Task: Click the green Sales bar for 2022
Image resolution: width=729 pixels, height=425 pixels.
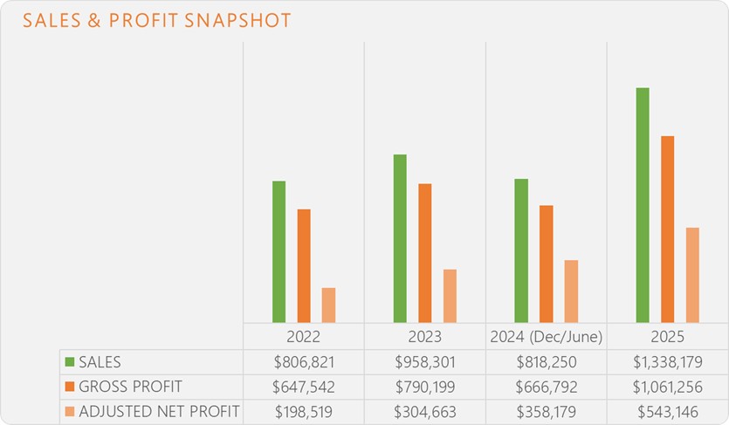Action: click(279, 251)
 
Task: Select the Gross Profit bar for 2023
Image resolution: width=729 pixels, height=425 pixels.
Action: click(425, 253)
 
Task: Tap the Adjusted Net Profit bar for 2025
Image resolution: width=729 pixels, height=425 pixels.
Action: click(692, 275)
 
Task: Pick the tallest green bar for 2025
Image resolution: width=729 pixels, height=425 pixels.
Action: click(643, 205)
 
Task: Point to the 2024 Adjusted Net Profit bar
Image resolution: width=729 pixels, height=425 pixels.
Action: click(571, 291)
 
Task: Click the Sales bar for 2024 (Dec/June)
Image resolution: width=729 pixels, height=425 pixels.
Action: click(521, 250)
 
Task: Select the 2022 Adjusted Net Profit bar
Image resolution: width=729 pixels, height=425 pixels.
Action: click(328, 305)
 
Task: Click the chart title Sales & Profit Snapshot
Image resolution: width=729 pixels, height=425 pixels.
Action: click(157, 21)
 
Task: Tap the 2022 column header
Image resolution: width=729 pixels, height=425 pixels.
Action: click(303, 337)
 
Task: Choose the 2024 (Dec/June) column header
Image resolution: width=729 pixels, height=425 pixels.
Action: click(546, 337)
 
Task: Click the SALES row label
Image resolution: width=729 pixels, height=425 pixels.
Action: click(100, 362)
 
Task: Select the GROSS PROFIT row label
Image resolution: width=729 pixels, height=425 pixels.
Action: click(130, 387)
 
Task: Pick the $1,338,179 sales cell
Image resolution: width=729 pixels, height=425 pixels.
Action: click(667, 362)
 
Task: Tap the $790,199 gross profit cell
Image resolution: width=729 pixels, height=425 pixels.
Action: click(424, 387)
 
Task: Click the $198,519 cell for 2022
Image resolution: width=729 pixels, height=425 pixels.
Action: click(303, 412)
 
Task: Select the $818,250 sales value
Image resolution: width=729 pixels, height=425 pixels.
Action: click(546, 362)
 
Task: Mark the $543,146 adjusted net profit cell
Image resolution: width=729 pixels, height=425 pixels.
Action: click(667, 412)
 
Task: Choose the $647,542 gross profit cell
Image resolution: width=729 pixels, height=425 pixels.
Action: click(303, 387)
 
